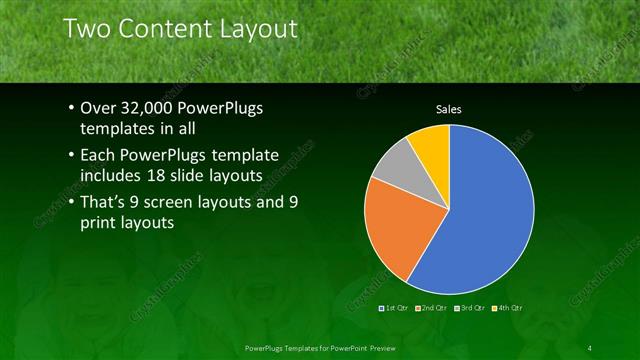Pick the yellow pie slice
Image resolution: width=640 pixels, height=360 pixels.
point(431,141)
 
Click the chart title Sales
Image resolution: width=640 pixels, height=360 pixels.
point(448,109)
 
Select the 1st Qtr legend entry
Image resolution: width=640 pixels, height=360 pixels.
point(397,309)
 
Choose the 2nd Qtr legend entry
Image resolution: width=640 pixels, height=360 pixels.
point(434,309)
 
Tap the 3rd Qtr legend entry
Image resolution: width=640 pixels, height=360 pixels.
point(470,309)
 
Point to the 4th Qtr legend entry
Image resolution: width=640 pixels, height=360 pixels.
point(507,309)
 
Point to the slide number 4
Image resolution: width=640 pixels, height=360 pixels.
point(590,347)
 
